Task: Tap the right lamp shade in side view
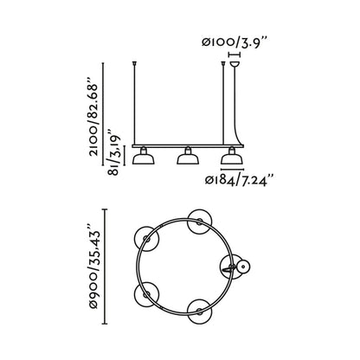tap(230, 157)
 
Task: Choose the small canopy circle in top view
tap(243, 269)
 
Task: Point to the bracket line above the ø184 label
tap(230, 170)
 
